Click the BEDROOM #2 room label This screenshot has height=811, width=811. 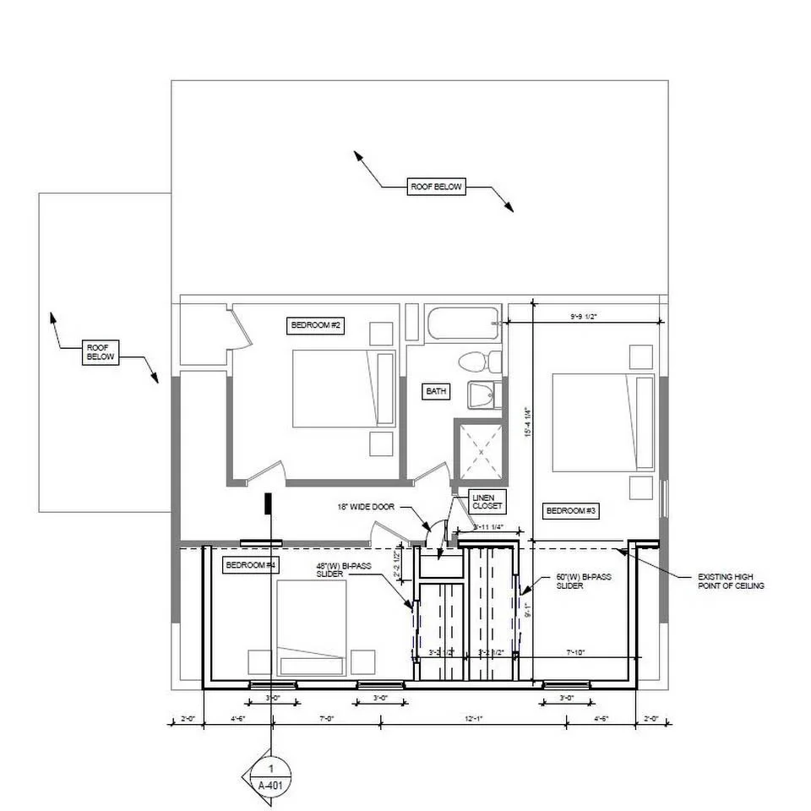(x=315, y=325)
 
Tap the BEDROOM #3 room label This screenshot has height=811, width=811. (x=571, y=511)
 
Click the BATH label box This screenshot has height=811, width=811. (x=436, y=391)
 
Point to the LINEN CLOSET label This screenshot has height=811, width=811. (x=487, y=502)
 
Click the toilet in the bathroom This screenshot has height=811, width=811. (x=475, y=362)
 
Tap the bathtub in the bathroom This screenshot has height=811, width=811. (x=461, y=324)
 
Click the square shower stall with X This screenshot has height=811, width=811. (x=480, y=452)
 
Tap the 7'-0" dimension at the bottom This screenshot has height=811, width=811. (x=326, y=719)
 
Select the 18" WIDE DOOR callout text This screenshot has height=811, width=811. (x=364, y=508)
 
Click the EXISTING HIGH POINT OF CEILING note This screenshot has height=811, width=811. (x=731, y=581)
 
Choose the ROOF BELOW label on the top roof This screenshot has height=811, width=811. (x=436, y=187)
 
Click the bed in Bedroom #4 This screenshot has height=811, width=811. (x=311, y=628)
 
